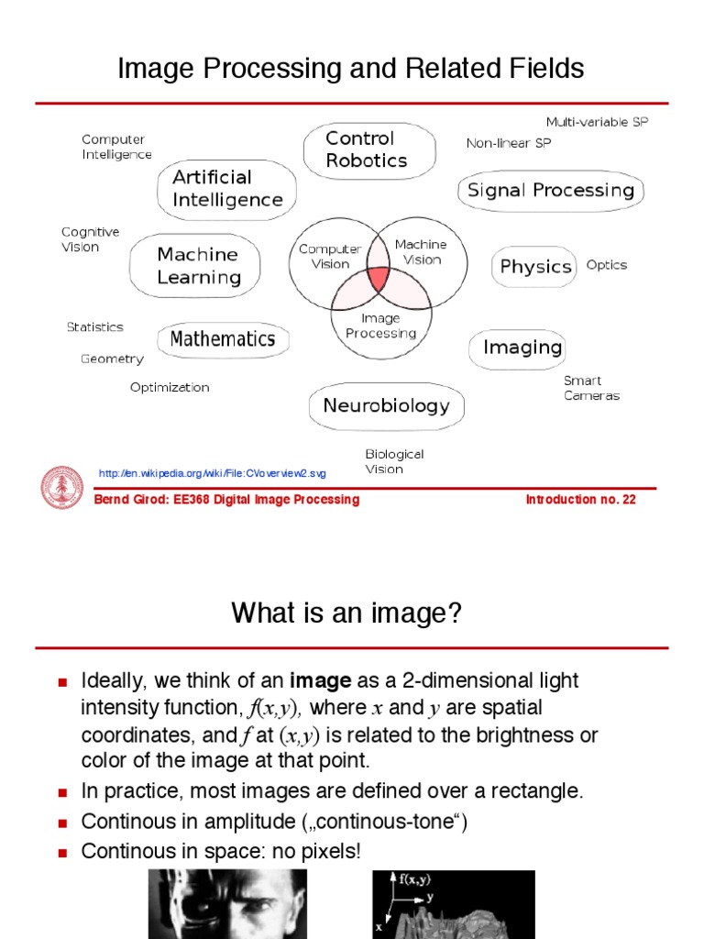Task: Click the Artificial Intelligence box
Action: pyautogui.click(x=226, y=188)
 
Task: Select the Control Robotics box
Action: pyautogui.click(x=368, y=149)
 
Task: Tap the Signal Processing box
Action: pyautogui.click(x=550, y=190)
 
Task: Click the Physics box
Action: pyautogui.click(x=535, y=266)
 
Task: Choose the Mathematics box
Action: pyautogui.click(x=222, y=339)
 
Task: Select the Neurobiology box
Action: pyautogui.click(x=386, y=405)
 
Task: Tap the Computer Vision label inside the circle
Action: pyautogui.click(x=330, y=256)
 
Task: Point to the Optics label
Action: pyautogui.click(x=606, y=265)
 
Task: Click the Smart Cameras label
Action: pyautogui.click(x=590, y=388)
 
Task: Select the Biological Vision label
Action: pyautogui.click(x=394, y=461)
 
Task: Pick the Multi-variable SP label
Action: pyautogui.click(x=596, y=122)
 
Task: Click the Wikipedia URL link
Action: pyautogui.click(x=212, y=473)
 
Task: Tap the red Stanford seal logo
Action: pyautogui.click(x=62, y=486)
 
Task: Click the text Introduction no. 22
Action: pyautogui.click(x=580, y=500)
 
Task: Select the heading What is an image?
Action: pyautogui.click(x=346, y=613)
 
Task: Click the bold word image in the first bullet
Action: pyautogui.click(x=320, y=681)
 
